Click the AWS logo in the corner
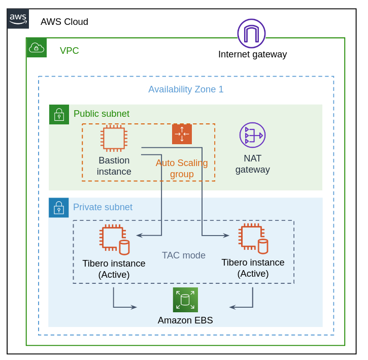[x=18, y=18]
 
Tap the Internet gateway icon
[x=251, y=33]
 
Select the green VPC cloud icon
[x=37, y=48]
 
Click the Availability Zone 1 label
[x=186, y=89]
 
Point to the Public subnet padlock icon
[x=59, y=115]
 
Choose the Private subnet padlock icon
[x=59, y=208]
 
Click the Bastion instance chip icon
[x=114, y=138]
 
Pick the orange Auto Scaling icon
[x=182, y=134]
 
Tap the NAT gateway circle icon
[x=252, y=135]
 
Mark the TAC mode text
[x=184, y=255]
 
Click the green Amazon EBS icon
[x=185, y=300]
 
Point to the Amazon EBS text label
[x=185, y=320]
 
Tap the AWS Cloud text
[x=64, y=22]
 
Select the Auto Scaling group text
[x=182, y=169]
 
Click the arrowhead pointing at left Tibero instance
[x=139, y=235]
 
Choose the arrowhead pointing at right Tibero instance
[x=226, y=235]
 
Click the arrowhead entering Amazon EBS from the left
[x=134, y=307]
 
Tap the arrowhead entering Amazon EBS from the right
[x=232, y=307]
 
